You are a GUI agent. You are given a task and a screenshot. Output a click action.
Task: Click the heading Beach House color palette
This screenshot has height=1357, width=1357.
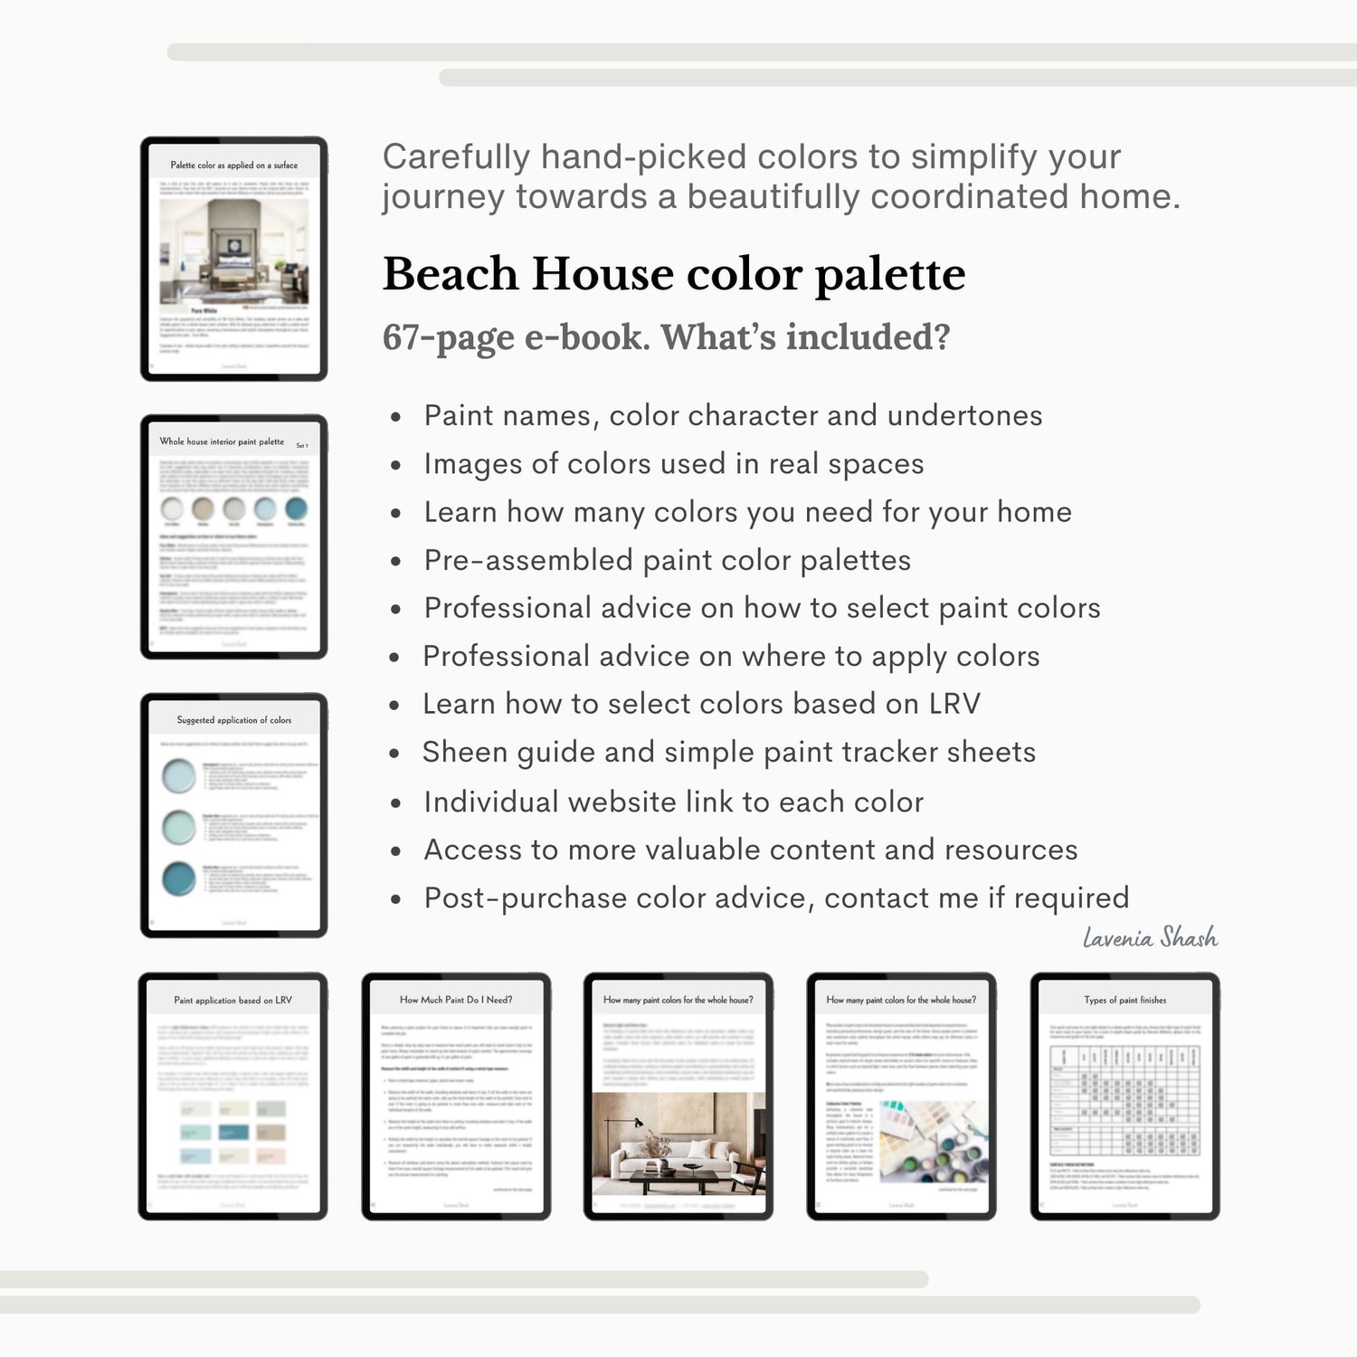pos(674,274)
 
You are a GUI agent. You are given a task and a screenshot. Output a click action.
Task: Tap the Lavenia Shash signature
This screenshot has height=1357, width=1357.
pos(1150,937)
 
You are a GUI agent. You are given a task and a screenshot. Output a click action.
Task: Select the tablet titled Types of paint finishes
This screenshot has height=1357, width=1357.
pos(1125,1096)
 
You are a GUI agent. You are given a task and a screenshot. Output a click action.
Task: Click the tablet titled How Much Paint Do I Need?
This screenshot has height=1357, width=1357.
pos(456,1096)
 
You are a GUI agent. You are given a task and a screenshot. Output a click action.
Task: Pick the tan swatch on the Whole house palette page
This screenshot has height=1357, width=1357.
pos(204,508)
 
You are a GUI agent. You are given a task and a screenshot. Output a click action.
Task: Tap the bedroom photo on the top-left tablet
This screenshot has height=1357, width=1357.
pos(233,251)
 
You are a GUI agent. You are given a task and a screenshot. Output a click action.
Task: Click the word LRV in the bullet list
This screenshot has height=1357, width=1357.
pos(954,704)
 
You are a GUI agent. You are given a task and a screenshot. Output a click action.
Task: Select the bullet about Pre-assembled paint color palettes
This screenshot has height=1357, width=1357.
pos(667,560)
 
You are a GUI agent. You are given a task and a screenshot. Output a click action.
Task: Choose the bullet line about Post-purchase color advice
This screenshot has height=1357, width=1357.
pos(776,897)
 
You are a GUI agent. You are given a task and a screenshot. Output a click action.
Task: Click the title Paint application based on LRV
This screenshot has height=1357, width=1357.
pos(232,1001)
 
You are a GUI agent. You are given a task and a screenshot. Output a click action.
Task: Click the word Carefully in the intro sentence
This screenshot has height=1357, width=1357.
pos(456,157)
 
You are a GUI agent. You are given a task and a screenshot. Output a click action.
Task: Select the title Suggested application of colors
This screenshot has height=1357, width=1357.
pos(233,720)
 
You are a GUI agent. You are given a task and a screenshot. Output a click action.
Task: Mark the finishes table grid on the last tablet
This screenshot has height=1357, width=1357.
pos(1125,1100)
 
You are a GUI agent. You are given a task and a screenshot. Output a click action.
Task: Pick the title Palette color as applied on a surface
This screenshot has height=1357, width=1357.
pos(233,166)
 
